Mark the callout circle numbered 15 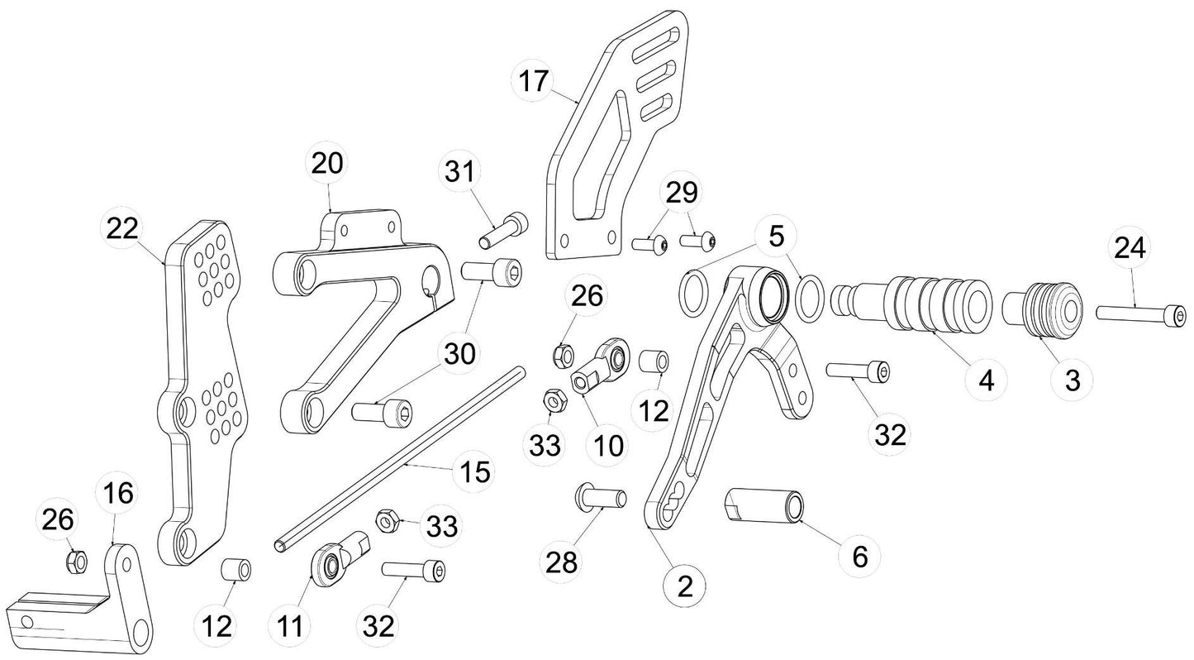pos(473,473)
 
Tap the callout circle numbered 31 pos(459,174)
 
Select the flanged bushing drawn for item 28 pos(600,498)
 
